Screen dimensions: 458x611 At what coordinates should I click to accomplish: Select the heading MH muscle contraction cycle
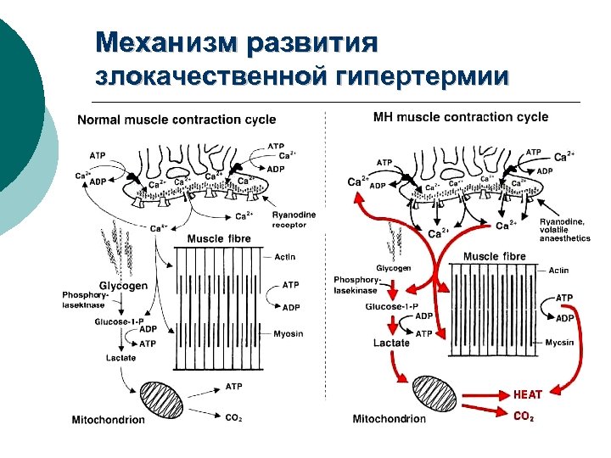click(x=461, y=117)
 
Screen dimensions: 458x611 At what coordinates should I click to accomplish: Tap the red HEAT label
click(x=528, y=394)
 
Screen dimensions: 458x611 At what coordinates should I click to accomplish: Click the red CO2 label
click(x=524, y=416)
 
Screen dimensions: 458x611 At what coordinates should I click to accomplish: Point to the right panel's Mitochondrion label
click(x=390, y=418)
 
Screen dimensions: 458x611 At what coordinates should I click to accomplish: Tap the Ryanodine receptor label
click(x=294, y=221)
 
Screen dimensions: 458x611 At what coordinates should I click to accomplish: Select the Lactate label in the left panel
click(x=121, y=358)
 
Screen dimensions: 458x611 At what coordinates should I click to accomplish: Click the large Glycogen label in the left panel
click(x=123, y=286)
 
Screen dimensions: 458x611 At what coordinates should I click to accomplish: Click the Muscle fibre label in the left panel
click(x=219, y=239)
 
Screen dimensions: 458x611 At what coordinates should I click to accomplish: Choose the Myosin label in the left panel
click(x=289, y=333)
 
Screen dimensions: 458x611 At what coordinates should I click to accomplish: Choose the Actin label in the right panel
click(x=558, y=270)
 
